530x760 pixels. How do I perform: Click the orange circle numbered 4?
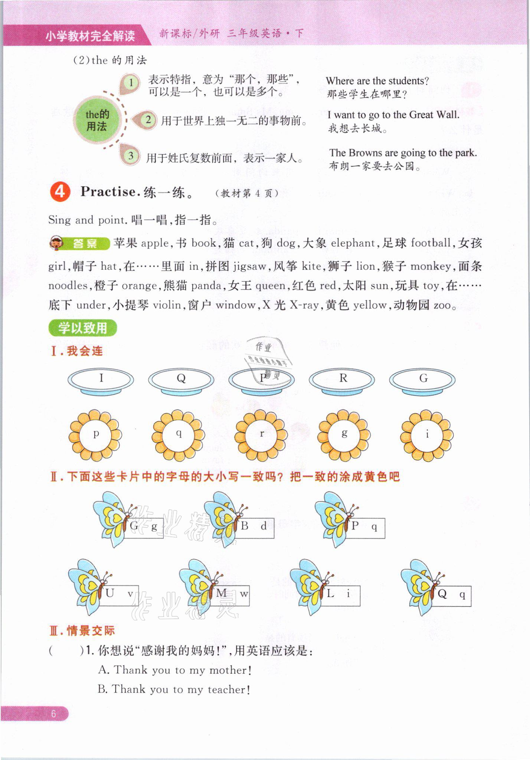point(60,192)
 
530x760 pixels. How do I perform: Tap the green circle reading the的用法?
point(97,120)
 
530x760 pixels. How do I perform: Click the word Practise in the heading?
point(108,192)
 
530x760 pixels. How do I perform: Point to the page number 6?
point(53,714)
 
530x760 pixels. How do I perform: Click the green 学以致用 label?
point(82,328)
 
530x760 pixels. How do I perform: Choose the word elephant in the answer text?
point(353,243)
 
